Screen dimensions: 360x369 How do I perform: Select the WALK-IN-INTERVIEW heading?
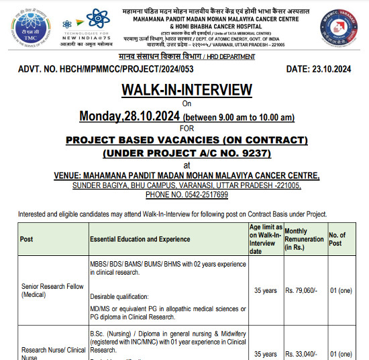coord(187,90)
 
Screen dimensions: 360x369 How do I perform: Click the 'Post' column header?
coord(27,239)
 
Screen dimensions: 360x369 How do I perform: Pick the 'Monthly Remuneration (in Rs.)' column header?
coord(303,239)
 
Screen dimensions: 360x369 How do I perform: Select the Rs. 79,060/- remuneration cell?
coord(303,290)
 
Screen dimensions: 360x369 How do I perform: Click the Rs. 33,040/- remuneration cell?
coord(303,354)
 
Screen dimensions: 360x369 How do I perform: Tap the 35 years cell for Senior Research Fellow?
coord(265,290)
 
